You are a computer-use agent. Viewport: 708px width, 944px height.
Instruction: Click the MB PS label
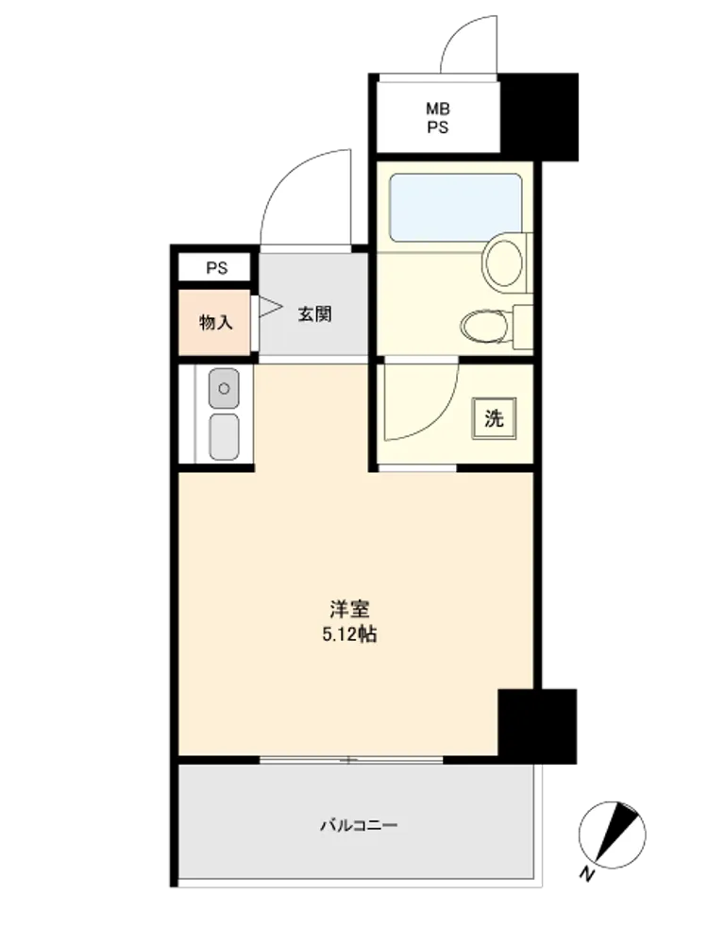pos(438,118)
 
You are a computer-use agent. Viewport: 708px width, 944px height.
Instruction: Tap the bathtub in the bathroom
pos(455,208)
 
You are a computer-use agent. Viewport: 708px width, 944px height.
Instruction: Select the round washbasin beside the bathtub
pos(503,263)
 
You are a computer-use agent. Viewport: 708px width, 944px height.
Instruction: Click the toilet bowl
pos(484,327)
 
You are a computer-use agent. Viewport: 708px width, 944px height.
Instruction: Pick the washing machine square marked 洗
pos(494,418)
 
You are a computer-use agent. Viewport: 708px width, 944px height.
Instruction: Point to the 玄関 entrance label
pos(314,313)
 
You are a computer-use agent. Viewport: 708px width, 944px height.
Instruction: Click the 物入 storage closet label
pos(215,322)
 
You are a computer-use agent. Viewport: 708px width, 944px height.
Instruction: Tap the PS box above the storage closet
pos(214,267)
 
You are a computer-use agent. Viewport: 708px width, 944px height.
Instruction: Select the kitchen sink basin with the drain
pos(224,388)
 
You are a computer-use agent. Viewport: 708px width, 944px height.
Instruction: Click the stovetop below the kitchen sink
pos(224,436)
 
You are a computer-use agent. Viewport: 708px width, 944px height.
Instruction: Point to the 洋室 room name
pos(349,609)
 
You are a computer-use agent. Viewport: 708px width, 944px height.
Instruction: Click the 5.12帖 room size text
pos(350,634)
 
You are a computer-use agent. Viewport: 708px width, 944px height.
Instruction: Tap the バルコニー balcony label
pos(359,824)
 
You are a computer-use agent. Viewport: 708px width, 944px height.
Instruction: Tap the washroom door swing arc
pos(443,415)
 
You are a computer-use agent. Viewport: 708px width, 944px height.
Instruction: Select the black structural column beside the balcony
pos(537,726)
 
